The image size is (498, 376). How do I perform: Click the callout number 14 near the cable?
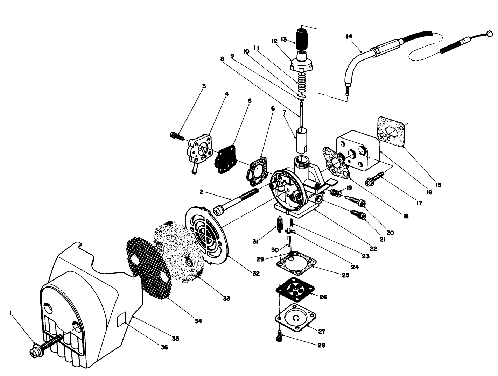coord(349,36)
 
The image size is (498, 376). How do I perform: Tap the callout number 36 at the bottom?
coord(164,347)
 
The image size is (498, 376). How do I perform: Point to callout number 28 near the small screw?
coord(321,345)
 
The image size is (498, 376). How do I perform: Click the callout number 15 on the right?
coord(438,185)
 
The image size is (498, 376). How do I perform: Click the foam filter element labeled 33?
coord(178,252)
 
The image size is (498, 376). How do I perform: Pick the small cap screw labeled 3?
coord(178,136)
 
